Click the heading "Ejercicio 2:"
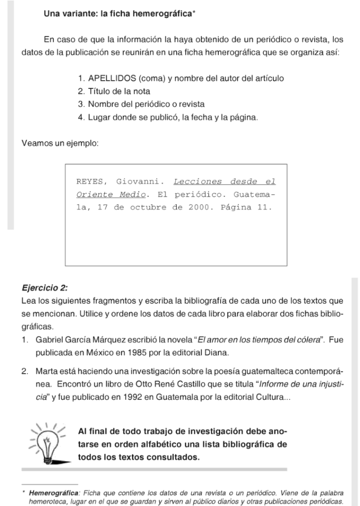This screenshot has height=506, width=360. pyautogui.click(x=45, y=288)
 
